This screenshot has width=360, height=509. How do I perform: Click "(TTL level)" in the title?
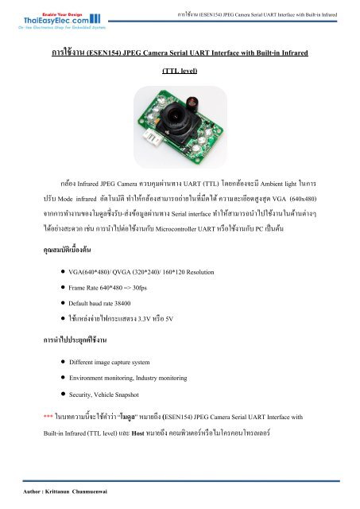(180, 71)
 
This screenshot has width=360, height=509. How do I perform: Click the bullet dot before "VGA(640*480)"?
(62, 272)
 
